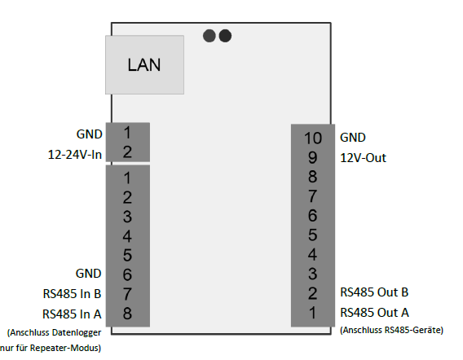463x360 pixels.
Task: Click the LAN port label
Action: [144, 64]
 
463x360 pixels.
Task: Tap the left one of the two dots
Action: [209, 36]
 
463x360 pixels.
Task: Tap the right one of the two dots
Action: [225, 36]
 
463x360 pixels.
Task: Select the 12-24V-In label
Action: [75, 154]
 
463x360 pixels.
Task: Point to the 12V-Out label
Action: [364, 158]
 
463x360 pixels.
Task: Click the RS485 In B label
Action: [72, 294]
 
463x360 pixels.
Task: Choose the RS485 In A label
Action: [72, 314]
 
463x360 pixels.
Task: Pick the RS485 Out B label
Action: [374, 292]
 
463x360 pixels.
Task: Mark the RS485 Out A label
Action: [374, 313]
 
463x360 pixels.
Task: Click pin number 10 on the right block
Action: [313, 138]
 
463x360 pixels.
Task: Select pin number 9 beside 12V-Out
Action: [313, 157]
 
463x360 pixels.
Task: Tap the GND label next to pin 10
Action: [353, 138]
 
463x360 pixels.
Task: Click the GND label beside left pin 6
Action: [89, 274]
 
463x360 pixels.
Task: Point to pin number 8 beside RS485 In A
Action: [127, 314]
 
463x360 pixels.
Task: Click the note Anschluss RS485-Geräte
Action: [392, 330]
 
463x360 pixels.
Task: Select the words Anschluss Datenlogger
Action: [55, 332]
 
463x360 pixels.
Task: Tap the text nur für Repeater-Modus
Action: [51, 348]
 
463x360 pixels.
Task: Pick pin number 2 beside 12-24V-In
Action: [127, 152]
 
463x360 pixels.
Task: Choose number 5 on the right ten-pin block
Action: [313, 235]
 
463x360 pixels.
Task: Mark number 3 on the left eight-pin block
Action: [127, 217]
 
